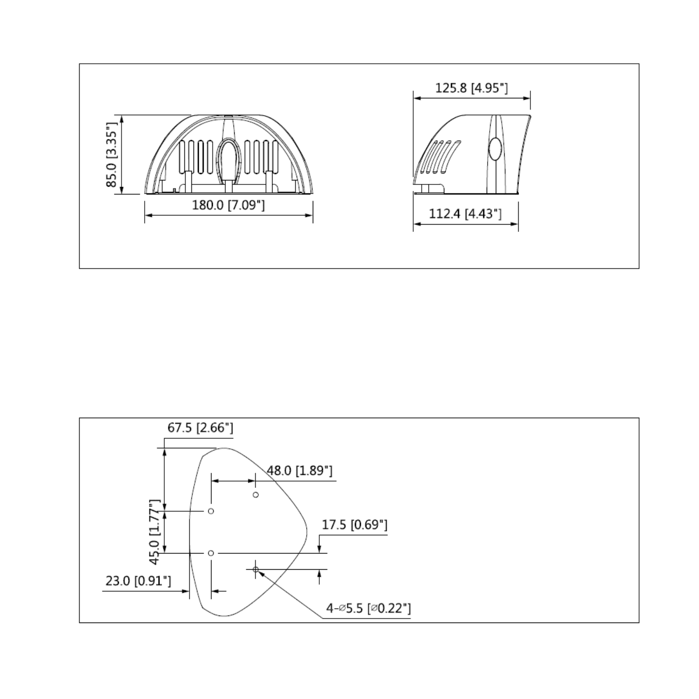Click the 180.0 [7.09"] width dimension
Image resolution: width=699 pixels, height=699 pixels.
228,205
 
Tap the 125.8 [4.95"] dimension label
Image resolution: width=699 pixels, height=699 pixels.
471,88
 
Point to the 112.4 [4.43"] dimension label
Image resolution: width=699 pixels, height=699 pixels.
465,214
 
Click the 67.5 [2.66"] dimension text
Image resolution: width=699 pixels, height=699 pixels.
200,428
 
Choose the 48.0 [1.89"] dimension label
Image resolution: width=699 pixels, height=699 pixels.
300,471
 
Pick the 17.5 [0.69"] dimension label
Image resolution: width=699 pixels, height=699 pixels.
355,525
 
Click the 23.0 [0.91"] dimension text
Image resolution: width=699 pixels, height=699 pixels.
138,581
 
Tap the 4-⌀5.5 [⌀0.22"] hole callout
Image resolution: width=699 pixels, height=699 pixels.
369,608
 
